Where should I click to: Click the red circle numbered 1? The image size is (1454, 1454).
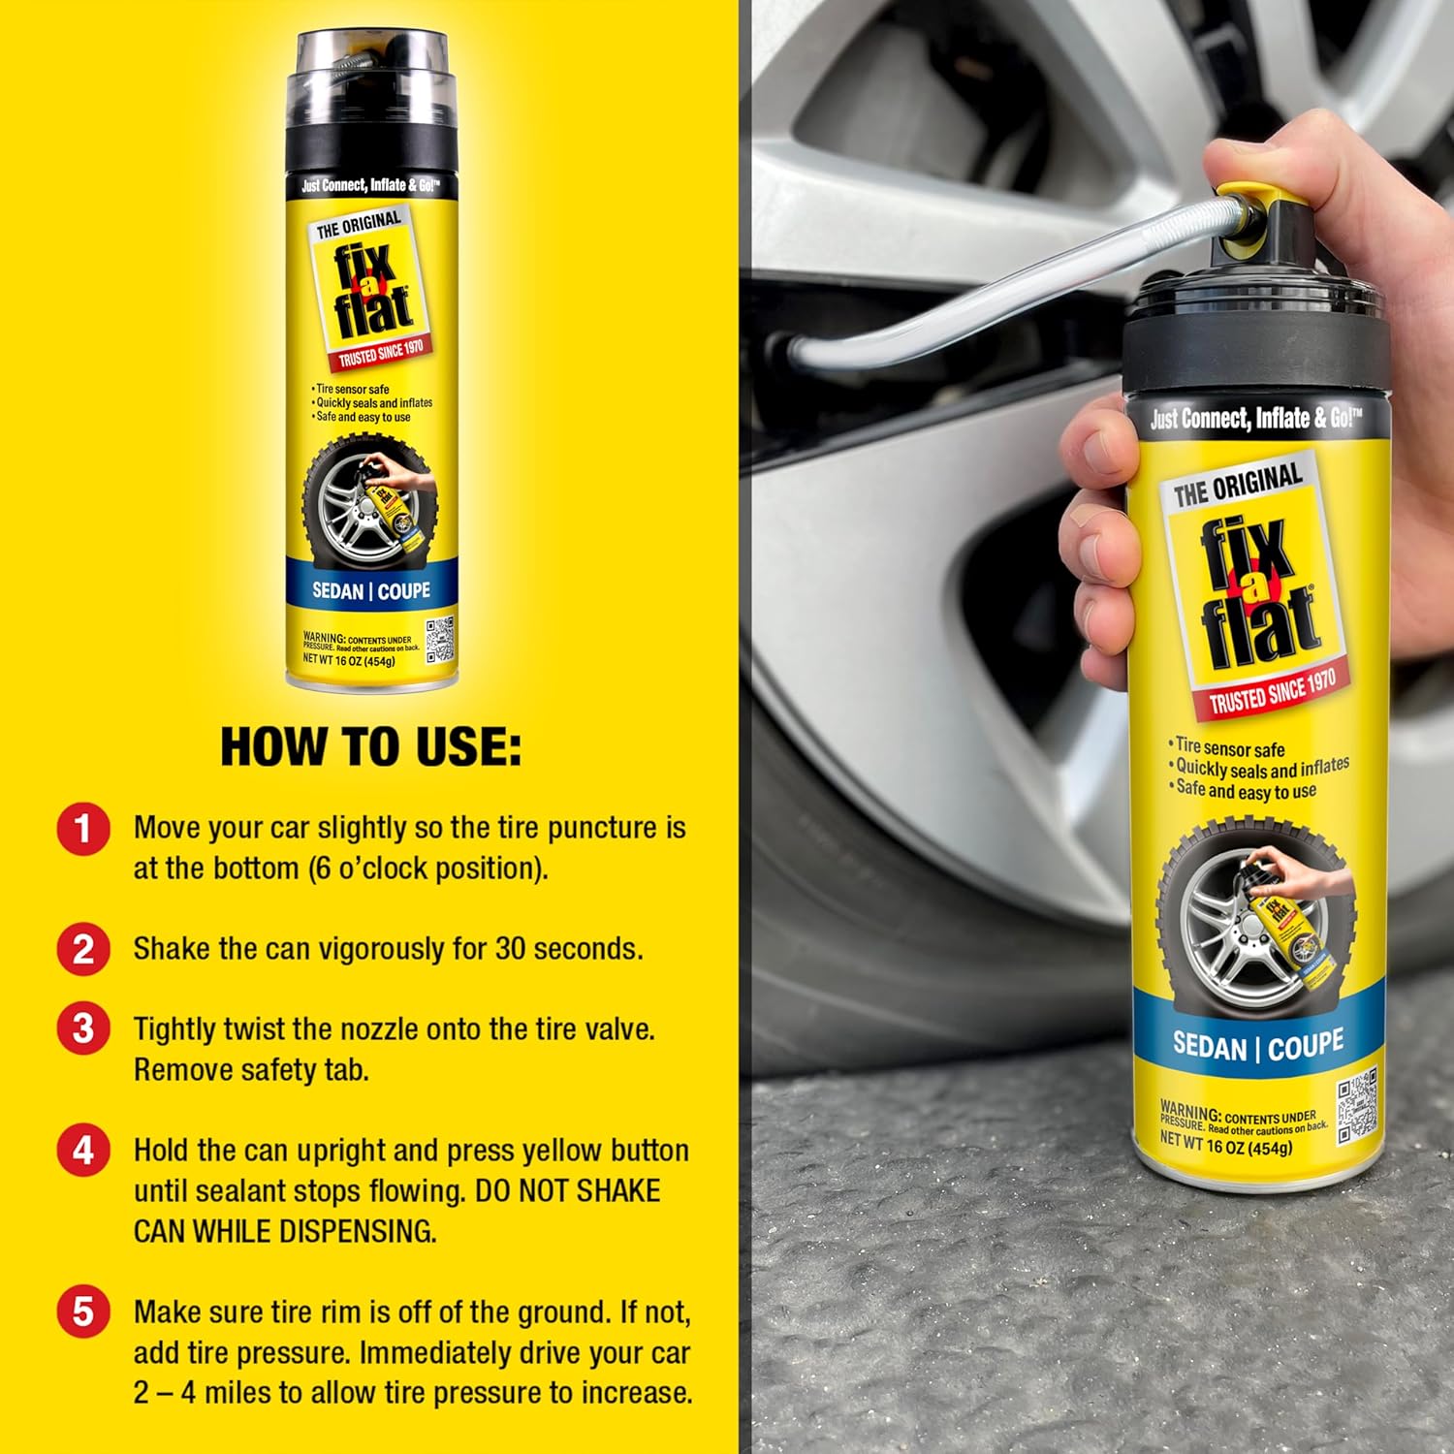click(x=83, y=830)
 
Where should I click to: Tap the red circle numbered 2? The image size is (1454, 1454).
click(x=83, y=949)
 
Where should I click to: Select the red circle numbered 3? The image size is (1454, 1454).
click(x=83, y=1028)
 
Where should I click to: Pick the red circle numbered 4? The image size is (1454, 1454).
click(x=83, y=1151)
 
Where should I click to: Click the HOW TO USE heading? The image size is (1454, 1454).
click(x=370, y=747)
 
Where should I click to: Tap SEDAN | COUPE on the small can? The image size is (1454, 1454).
click(x=370, y=591)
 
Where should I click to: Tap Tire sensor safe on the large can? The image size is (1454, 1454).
click(x=1229, y=747)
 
